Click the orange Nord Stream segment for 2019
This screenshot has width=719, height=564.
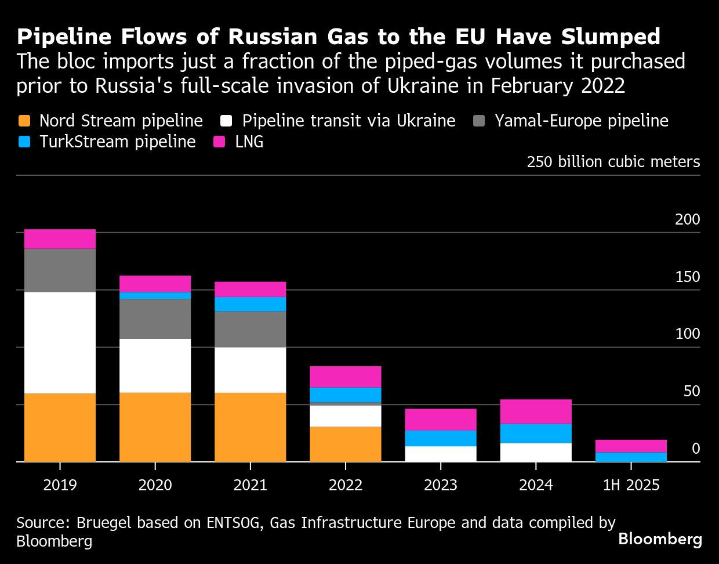tap(60, 427)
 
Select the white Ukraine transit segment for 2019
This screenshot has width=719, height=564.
tap(60, 342)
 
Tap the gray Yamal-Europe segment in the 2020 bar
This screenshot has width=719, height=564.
tap(155, 319)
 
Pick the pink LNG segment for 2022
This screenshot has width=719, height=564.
tap(345, 377)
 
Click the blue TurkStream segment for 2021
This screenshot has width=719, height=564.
tap(250, 304)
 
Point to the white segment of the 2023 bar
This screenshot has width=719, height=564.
tap(440, 454)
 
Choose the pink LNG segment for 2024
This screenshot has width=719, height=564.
tap(536, 411)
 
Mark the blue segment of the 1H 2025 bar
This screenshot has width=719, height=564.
tap(631, 457)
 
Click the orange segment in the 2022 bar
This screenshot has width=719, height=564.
tap(345, 444)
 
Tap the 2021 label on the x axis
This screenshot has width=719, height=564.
tap(250, 485)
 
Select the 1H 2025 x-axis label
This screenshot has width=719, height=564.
tap(631, 485)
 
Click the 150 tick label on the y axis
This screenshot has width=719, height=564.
tap(687, 277)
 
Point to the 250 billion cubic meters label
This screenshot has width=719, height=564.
tap(613, 162)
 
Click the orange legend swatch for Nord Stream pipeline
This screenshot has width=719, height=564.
tap(24, 121)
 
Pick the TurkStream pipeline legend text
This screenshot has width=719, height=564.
tap(117, 142)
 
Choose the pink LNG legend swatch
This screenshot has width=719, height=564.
tap(219, 142)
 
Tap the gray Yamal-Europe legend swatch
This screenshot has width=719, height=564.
tap(479, 121)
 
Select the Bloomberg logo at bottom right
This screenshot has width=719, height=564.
tap(660, 539)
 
